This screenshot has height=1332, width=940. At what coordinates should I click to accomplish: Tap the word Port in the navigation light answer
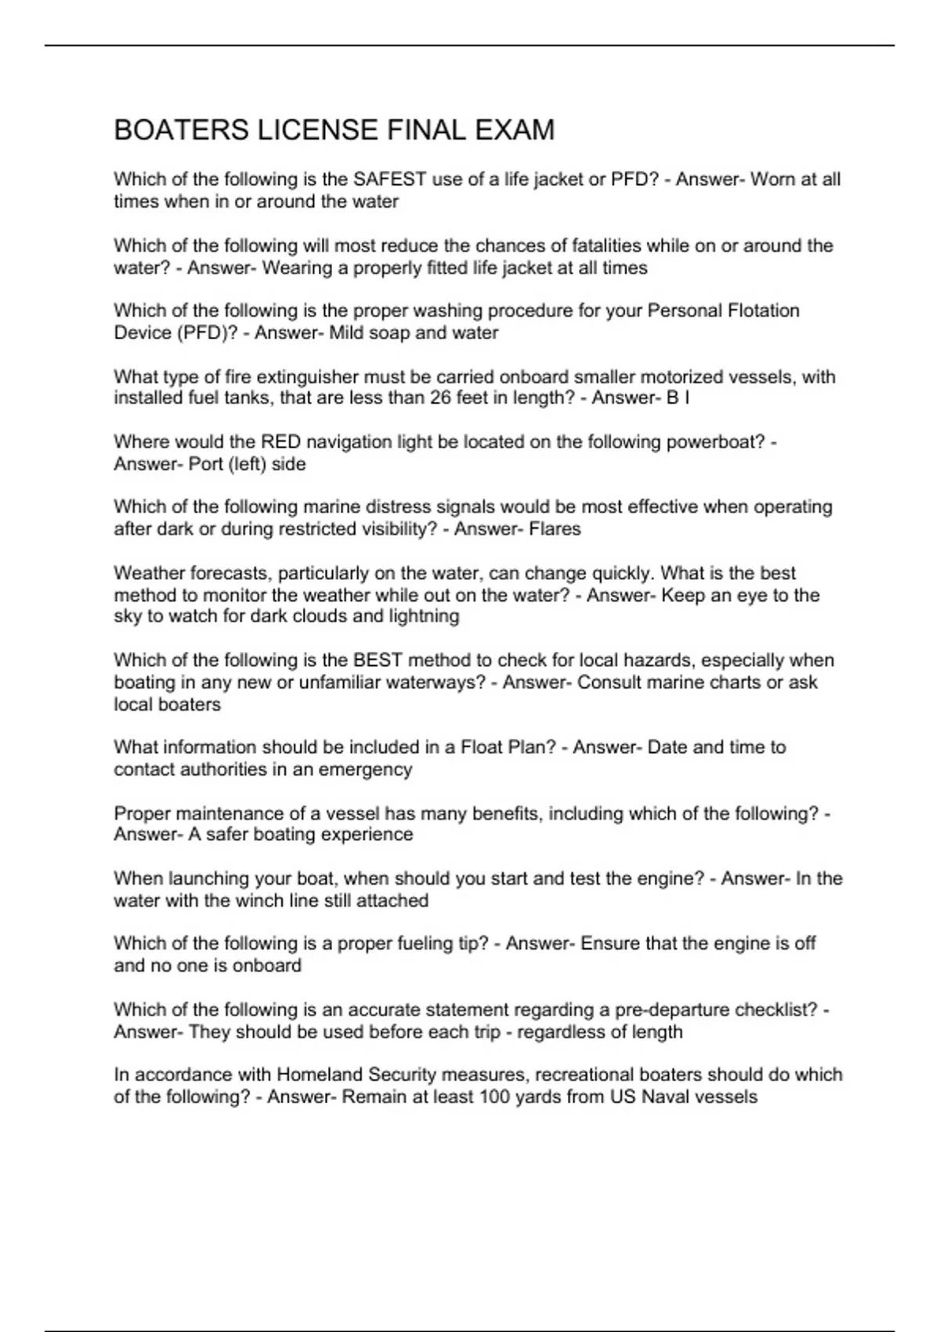pos(206,464)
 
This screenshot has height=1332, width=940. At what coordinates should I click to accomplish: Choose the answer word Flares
pos(555,529)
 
